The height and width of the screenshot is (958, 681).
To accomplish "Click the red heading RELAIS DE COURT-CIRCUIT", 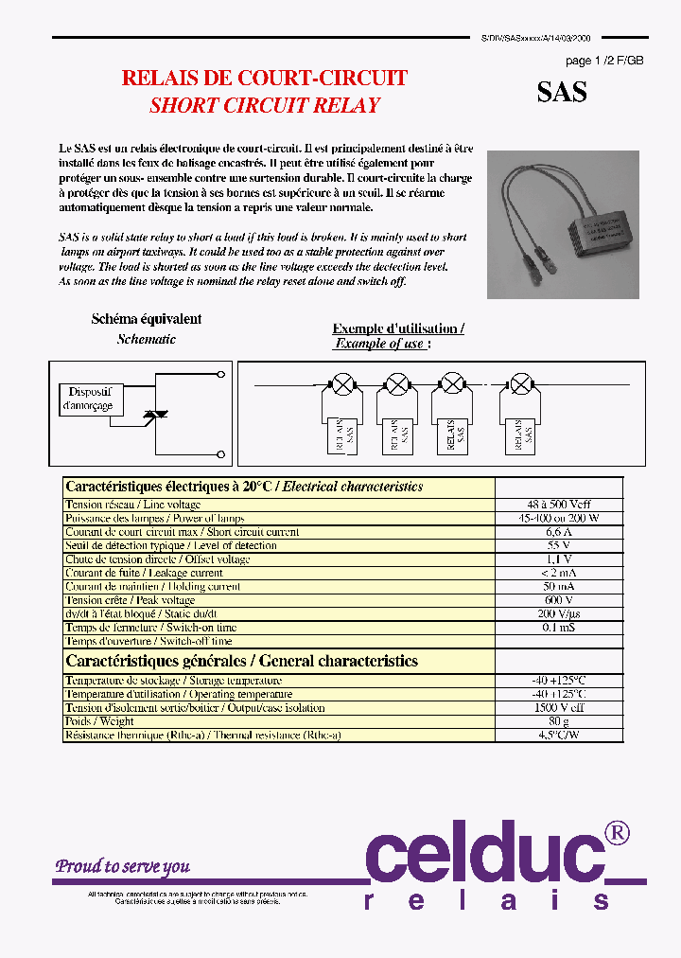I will (x=265, y=79).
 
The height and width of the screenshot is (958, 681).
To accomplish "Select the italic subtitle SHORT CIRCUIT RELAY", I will (x=265, y=105).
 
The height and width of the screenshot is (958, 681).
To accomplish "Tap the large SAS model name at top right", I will (x=562, y=92).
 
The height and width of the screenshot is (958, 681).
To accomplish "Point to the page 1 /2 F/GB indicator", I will (x=604, y=61).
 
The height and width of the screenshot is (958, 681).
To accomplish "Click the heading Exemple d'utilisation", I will (x=398, y=328).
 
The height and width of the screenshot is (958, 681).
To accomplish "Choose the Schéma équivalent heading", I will (x=146, y=320).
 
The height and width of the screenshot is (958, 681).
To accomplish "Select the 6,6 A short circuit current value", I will (x=559, y=532).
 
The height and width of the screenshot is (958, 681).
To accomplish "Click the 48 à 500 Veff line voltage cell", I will (x=559, y=505).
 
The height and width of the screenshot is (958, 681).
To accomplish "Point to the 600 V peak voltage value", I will (x=559, y=600).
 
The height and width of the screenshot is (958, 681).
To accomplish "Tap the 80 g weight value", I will (x=559, y=721).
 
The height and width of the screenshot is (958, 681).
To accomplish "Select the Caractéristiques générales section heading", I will (x=241, y=661).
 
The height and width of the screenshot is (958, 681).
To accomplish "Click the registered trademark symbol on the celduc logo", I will (x=616, y=832).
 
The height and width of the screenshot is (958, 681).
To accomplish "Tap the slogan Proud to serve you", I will (x=122, y=866).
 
